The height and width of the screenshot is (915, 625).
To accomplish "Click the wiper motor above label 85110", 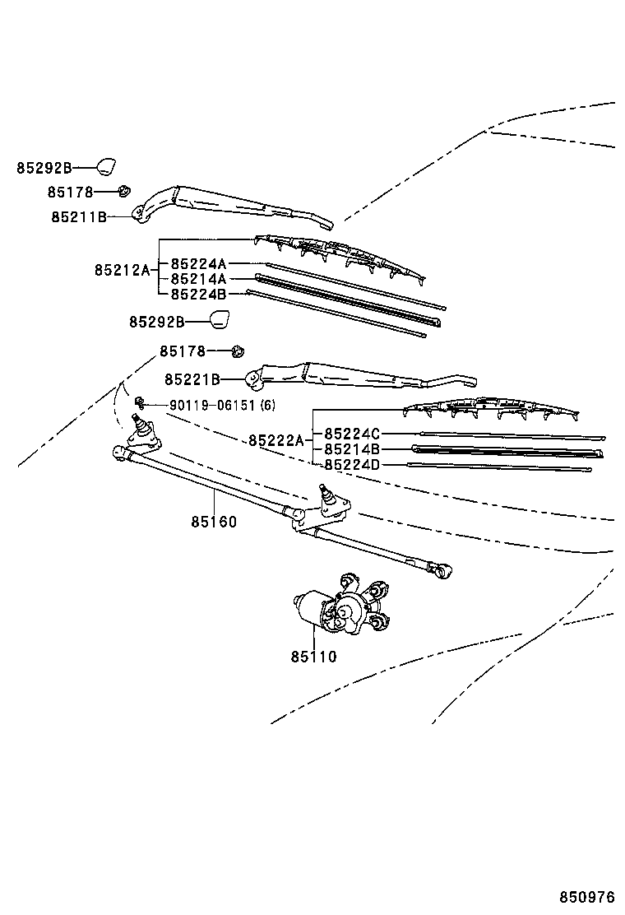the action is pos(342,604).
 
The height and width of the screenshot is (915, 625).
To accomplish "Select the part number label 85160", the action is pos(214,522).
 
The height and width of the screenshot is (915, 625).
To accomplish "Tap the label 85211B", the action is pos(79,217).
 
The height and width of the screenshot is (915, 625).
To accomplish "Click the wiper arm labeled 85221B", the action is pos(361,376).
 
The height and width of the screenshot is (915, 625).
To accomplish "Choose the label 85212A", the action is pos(123,270).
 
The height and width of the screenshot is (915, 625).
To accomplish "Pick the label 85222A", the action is pos(276,440).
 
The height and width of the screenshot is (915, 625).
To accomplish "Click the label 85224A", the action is pos(199,264).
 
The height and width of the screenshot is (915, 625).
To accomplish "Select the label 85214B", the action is pos(352,449).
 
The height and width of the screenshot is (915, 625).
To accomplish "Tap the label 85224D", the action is pos(352,465).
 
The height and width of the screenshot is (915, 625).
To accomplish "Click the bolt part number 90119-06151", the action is pos(213,405).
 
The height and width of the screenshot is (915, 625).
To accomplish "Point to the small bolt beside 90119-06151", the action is pos(139,401).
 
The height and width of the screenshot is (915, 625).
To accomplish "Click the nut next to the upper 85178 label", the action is pos(123,190).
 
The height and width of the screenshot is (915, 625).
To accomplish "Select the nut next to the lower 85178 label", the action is pos(238,351).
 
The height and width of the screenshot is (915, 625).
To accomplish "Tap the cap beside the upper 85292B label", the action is pos(106,166).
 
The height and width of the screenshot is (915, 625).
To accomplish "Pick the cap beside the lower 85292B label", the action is pos(220,320).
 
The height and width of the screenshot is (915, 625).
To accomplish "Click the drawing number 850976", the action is pos(587,897).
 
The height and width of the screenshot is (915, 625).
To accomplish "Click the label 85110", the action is pos(313,657).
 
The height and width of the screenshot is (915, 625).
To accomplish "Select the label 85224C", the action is pos(352,434).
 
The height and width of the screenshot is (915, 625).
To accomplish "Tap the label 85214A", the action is pos(199,279).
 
